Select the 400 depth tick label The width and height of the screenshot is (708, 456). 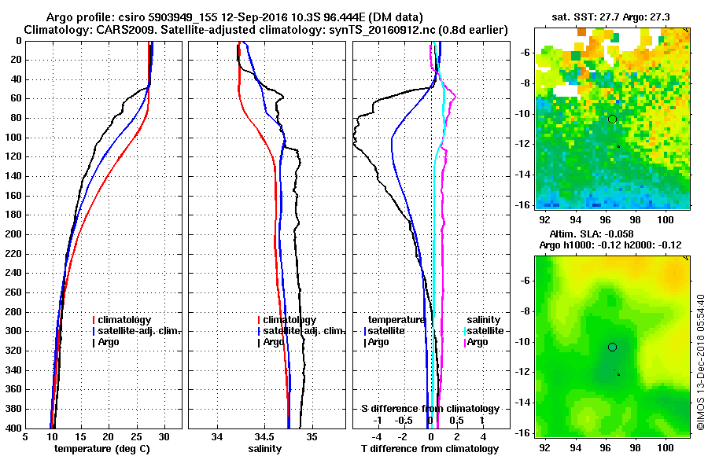coord(14,428)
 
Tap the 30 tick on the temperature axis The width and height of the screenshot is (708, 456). coord(164,436)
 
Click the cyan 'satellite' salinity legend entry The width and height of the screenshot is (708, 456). coord(487,331)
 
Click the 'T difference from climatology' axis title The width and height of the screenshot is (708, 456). coord(430,448)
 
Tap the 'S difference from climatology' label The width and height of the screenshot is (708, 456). coord(430,409)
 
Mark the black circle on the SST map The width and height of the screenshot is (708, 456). coord(612,119)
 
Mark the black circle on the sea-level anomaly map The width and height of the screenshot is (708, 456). coord(612,347)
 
